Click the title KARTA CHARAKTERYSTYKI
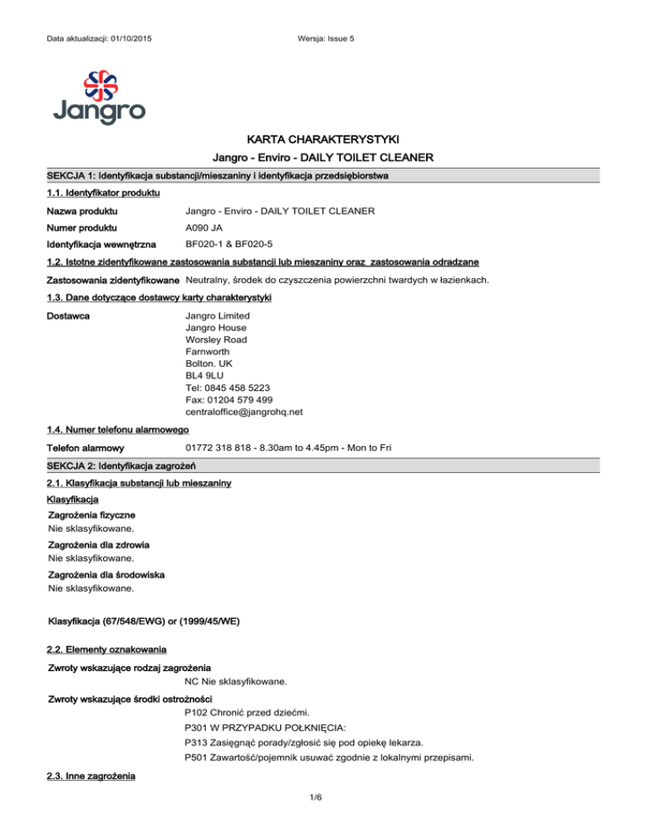point(324,138)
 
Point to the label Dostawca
point(70,316)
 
